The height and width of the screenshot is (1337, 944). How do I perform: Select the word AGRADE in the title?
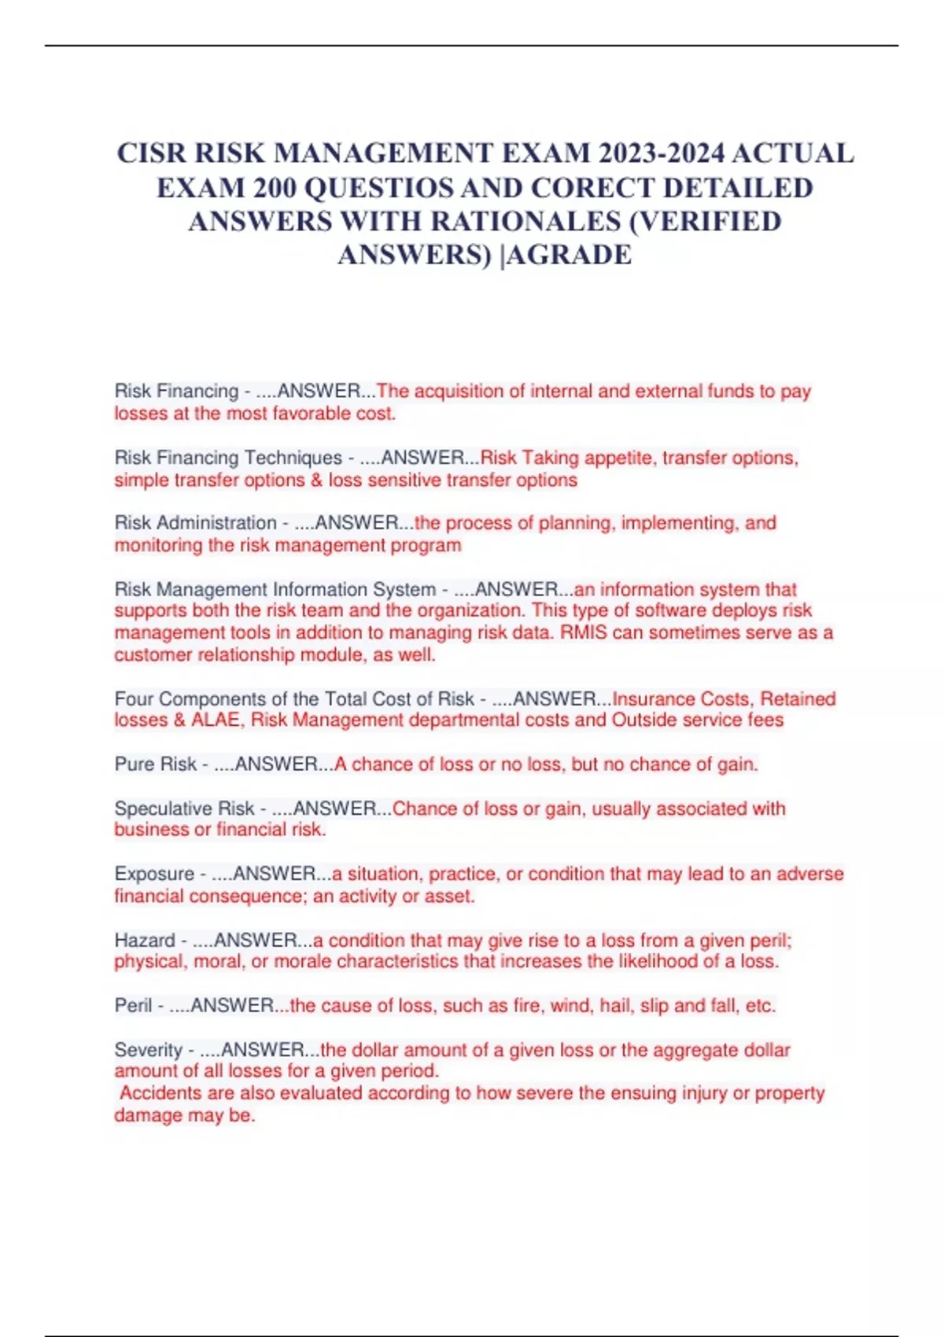[x=571, y=255]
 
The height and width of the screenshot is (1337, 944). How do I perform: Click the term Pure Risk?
[x=156, y=764]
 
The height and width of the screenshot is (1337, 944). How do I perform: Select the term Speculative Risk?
[x=184, y=808]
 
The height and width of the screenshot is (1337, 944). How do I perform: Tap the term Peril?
[x=133, y=1005]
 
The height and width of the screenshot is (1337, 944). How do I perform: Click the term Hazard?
[x=145, y=940]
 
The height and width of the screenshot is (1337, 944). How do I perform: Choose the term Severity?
[x=148, y=1049]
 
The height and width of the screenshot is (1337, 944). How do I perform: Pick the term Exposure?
[x=154, y=873]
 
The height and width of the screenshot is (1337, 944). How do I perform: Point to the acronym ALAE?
[x=215, y=720]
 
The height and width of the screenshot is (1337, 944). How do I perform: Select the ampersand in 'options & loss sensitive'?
[x=317, y=480]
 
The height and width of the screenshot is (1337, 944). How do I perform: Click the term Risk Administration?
[x=195, y=522]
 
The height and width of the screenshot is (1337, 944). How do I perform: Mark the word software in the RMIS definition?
[x=670, y=610]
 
